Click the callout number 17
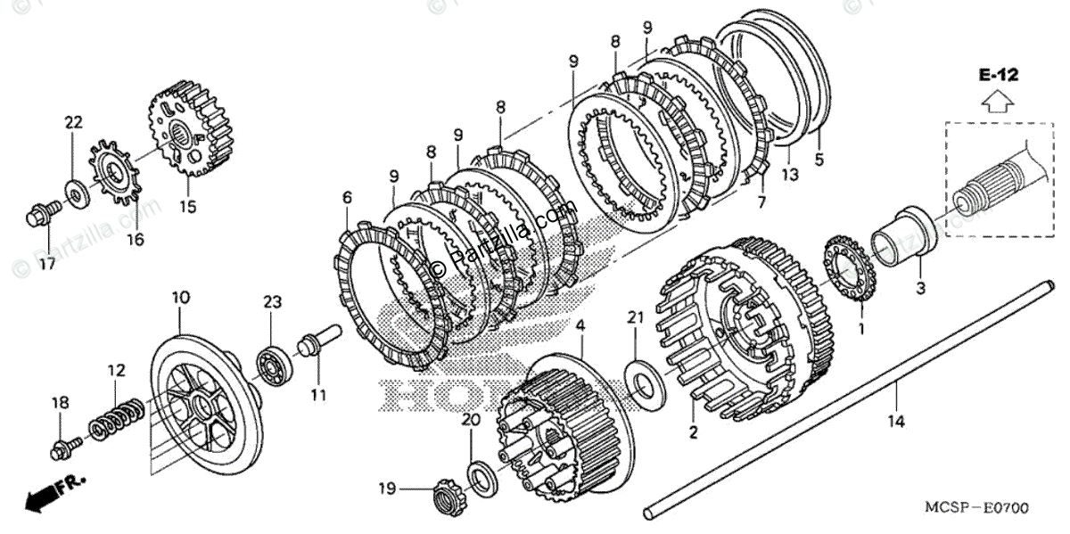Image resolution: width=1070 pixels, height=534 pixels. [x=45, y=264]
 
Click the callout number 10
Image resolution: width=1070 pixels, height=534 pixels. [x=180, y=295]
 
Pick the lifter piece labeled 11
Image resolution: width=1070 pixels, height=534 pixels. [x=318, y=343]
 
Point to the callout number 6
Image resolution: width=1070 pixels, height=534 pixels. [x=347, y=198]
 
